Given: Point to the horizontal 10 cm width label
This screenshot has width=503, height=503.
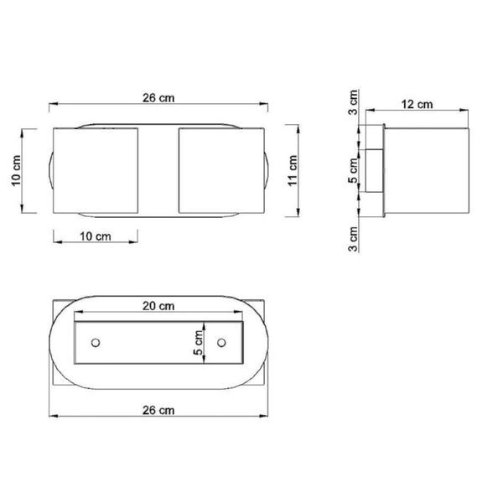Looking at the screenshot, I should tap(95, 237).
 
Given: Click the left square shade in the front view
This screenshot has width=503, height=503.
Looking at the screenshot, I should tap(95, 171).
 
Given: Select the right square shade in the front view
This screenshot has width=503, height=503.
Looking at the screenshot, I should tap(221, 171).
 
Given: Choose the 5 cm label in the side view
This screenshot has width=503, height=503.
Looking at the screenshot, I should tap(354, 174).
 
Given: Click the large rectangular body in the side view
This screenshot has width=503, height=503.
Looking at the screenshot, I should tap(427, 171).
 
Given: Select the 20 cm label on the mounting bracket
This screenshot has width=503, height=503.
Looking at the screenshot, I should tap(158, 306).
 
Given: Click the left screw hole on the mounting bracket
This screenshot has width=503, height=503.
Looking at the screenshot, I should tap(96, 343).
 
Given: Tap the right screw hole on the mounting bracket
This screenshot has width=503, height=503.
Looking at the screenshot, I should tap(221, 343).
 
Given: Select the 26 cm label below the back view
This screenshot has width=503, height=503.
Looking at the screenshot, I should tap(158, 410).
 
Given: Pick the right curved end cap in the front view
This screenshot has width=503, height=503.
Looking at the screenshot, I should tap(267, 171).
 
